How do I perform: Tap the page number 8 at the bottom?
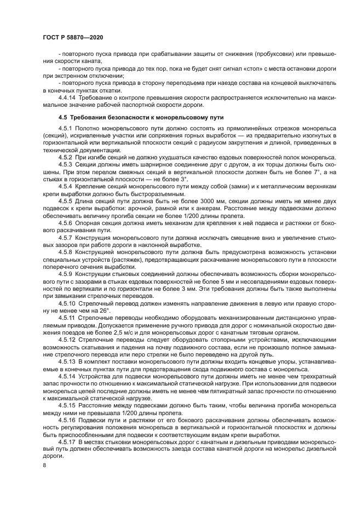(x=44, y=464)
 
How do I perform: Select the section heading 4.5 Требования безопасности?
(x=134, y=117)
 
